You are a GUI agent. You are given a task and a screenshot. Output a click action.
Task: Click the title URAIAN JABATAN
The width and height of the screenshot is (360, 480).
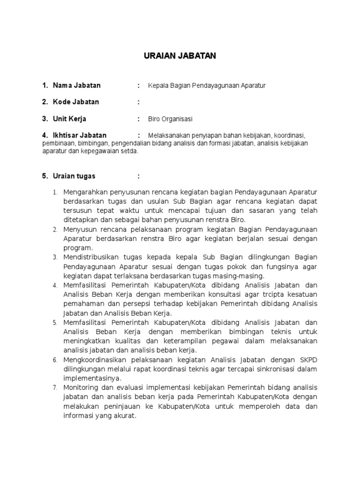pyautogui.click(x=180, y=56)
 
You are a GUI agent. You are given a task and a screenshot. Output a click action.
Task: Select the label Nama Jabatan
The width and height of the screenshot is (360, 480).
pyautogui.click(x=76, y=85)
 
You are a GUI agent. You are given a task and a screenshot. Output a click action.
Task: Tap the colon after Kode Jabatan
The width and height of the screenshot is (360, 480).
pyautogui.click(x=139, y=102)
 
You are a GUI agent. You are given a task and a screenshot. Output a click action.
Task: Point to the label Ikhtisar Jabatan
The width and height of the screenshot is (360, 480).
pyautogui.click(x=80, y=135)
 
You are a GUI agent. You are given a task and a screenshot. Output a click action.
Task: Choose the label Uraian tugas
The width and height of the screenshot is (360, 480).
pyautogui.click(x=74, y=176)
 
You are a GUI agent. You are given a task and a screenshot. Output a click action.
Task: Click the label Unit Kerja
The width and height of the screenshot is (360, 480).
pyautogui.click(x=69, y=119)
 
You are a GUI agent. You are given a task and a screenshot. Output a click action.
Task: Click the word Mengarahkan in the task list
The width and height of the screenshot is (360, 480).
pyautogui.click(x=86, y=192)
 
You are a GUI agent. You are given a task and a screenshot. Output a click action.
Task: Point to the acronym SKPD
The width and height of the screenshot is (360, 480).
pyautogui.click(x=308, y=360)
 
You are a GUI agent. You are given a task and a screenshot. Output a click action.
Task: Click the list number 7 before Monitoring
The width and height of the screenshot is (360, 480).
pyautogui.click(x=55, y=388)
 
